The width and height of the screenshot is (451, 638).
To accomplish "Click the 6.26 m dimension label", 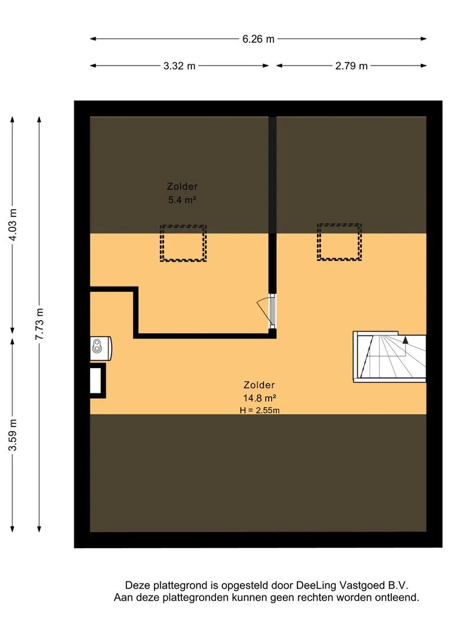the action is click(x=258, y=39).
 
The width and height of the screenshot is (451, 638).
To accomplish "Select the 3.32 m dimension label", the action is click(x=179, y=66).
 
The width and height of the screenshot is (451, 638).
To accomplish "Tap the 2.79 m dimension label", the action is click(x=351, y=66).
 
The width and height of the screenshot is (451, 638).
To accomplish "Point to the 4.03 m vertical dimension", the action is click(x=13, y=224).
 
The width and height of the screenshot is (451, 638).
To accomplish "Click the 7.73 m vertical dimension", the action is click(x=40, y=324).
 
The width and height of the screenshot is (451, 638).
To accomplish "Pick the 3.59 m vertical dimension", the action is click(x=13, y=435).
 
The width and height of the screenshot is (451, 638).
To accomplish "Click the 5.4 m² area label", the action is click(x=182, y=200).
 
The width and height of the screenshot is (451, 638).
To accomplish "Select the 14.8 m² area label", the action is click(x=260, y=398).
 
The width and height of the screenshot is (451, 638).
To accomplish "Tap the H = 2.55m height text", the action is click(x=260, y=410).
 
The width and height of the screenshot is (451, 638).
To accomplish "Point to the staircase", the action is click(x=390, y=357).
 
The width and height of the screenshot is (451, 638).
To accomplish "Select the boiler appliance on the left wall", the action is click(x=100, y=349).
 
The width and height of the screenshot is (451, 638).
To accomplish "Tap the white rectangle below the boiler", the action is click(x=96, y=380).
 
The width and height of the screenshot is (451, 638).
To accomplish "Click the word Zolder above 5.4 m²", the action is click(x=182, y=186).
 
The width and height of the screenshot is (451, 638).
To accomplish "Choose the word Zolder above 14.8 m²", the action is click(x=259, y=385).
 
